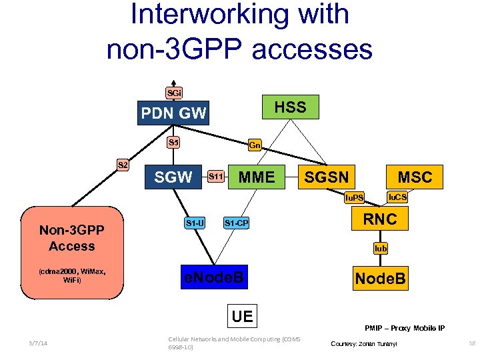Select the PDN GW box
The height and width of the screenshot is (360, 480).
click(x=173, y=113)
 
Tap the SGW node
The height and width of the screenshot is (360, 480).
click(x=173, y=177)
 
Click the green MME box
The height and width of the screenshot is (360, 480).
click(x=257, y=177)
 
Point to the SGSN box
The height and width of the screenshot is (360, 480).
click(x=326, y=177)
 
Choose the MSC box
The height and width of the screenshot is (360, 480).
click(x=415, y=177)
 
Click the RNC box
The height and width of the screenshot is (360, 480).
click(x=379, y=219)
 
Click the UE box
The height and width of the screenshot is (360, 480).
click(x=242, y=316)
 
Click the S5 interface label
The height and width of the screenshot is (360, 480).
click(x=173, y=141)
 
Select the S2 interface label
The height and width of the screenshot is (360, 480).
click(x=123, y=164)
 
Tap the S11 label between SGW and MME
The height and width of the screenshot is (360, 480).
click(x=215, y=177)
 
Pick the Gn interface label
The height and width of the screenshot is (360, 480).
click(x=255, y=145)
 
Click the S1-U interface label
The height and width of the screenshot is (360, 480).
click(x=195, y=222)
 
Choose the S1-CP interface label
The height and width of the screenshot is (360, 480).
click(x=236, y=223)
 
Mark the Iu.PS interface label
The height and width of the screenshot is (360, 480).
click(x=353, y=198)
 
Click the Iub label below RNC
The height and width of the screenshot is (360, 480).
click(x=380, y=249)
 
